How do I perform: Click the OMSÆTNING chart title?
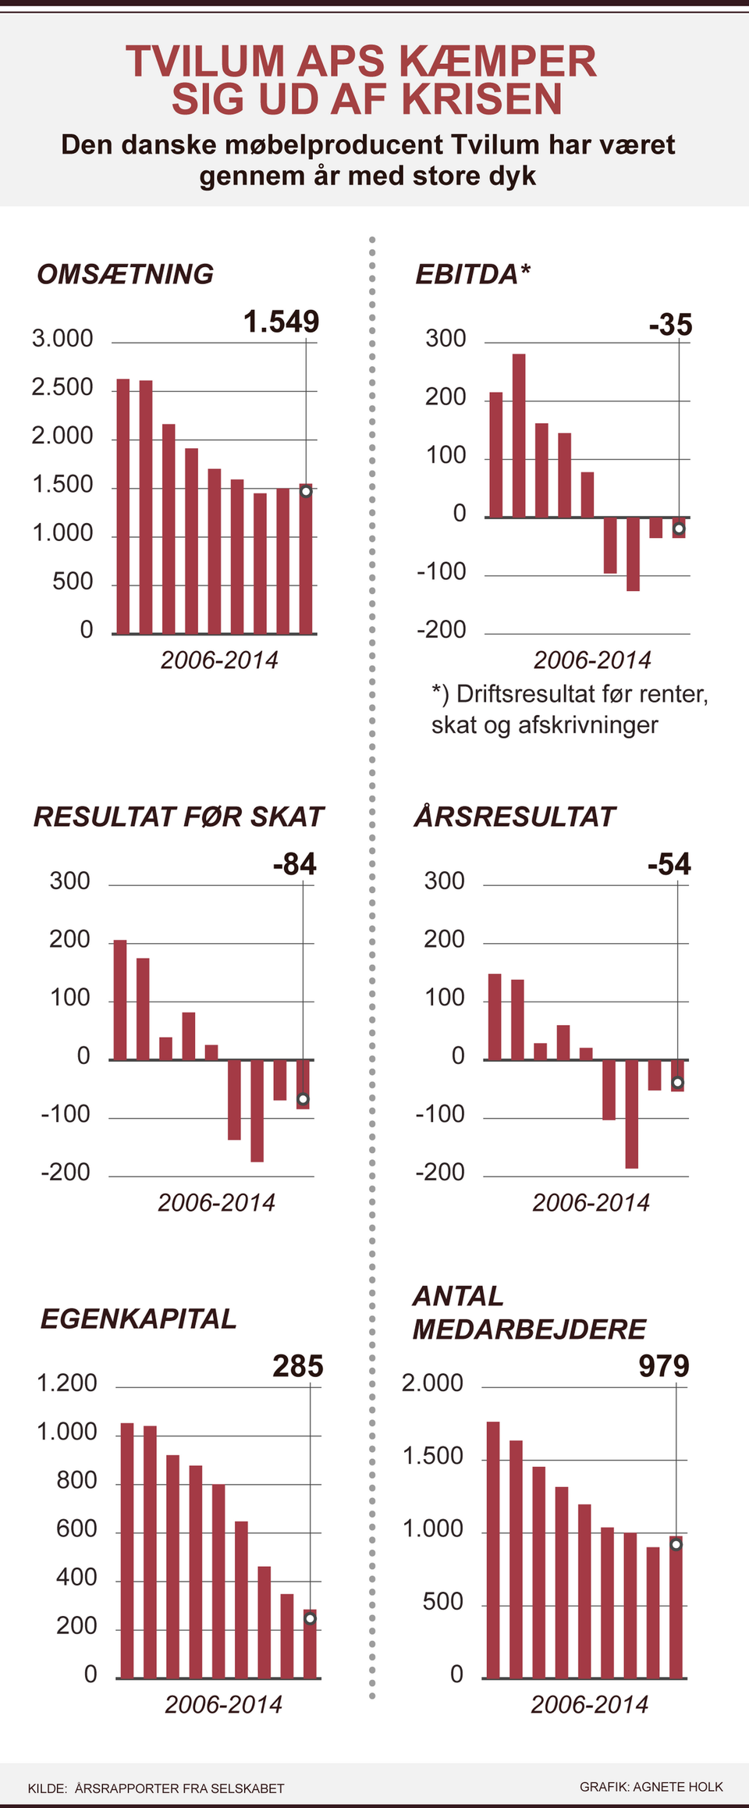click(125, 274)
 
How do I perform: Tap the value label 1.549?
click(281, 322)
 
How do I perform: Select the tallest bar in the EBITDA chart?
click(519, 435)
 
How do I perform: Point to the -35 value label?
click(670, 325)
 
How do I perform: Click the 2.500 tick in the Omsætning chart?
click(62, 388)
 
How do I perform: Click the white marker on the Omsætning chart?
click(306, 491)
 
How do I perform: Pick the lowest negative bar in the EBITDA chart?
click(633, 553)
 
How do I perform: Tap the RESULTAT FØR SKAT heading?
click(178, 817)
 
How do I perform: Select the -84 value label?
click(294, 864)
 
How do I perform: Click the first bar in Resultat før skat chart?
click(120, 999)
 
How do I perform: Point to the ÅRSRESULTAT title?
click(514, 817)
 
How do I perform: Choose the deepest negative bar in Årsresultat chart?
click(632, 1113)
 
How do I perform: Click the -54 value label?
click(669, 864)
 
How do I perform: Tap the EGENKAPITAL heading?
click(138, 1319)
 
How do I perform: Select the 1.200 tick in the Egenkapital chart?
click(67, 1383)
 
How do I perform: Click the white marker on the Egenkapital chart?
click(310, 1618)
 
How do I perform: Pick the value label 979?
click(664, 1366)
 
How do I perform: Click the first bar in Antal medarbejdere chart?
click(493, 1550)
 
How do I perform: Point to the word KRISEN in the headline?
click(481, 100)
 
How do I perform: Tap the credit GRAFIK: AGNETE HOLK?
click(651, 1787)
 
